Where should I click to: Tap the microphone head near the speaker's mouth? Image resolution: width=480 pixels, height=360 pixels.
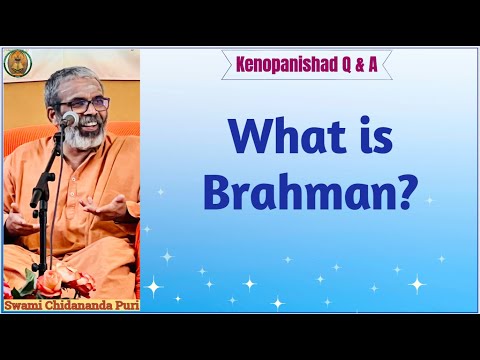69,120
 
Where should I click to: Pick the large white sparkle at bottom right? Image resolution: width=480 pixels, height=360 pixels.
416,284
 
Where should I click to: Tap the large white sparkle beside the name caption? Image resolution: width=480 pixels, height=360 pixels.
155,287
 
